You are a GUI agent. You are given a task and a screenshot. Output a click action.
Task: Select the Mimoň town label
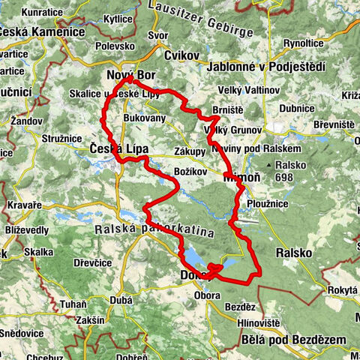pyautogui.click(x=241, y=179)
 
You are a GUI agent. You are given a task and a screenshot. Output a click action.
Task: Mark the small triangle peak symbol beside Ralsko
pyautogui.click(x=268, y=163)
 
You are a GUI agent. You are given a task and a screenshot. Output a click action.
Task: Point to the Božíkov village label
pyautogui.click(x=190, y=172)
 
